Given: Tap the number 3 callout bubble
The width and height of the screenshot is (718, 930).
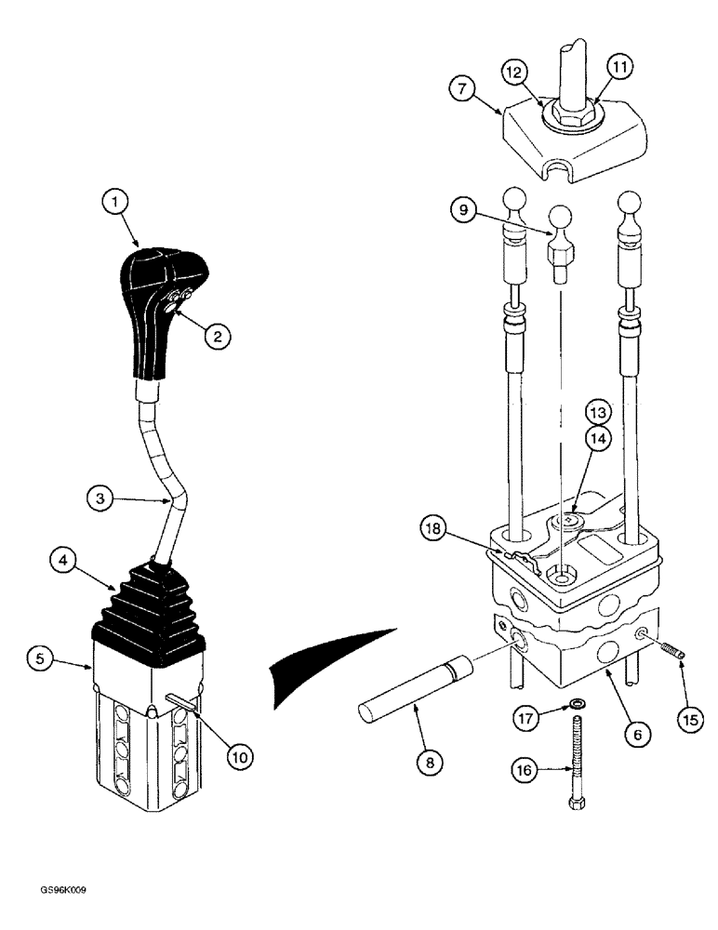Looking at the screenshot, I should (100, 498).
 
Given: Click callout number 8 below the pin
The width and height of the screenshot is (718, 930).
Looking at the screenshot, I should (430, 764).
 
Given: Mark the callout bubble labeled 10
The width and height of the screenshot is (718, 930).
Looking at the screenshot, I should (239, 758).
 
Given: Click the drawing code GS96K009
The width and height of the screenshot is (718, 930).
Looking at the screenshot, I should (61, 890).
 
